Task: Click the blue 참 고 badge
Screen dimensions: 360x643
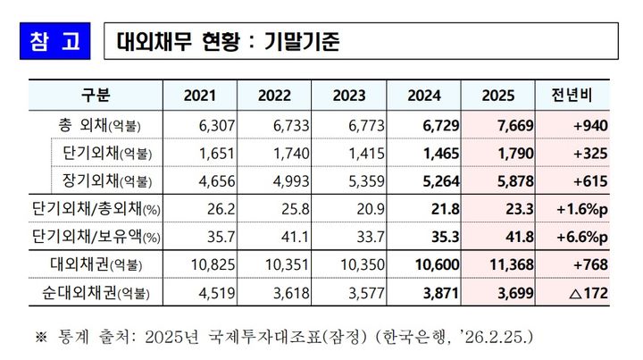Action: [x=54, y=41]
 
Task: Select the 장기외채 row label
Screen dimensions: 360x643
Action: [x=105, y=183]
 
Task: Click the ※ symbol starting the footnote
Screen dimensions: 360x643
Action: [x=40, y=338]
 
